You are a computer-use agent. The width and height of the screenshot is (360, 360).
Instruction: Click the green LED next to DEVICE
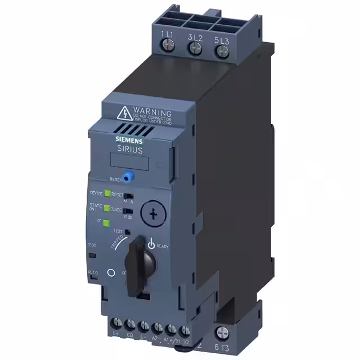click(x=106, y=193)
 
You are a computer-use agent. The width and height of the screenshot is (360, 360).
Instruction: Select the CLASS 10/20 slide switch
click(x=127, y=211)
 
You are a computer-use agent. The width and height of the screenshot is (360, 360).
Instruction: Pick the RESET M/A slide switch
click(x=128, y=196)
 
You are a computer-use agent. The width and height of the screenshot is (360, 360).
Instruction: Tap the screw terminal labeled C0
click(x=131, y=325)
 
